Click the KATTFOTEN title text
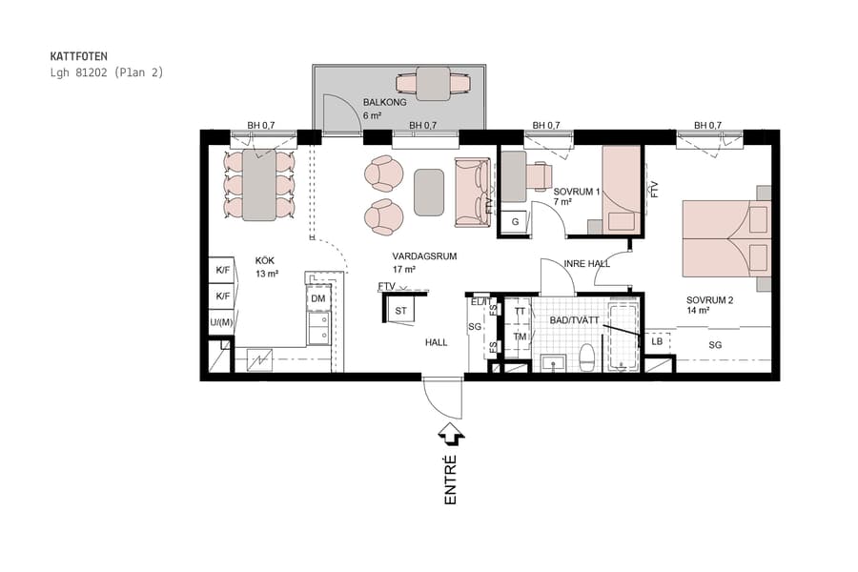pos(79,56)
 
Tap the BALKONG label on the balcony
pos(384,102)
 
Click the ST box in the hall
pos(400,311)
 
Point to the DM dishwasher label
pos(318,299)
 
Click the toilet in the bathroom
pos(587,358)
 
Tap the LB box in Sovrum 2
pos(657,341)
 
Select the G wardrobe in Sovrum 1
pos(516,222)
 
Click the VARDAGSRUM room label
pos(425,257)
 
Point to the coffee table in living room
pos(429,190)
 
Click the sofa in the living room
pos(472,193)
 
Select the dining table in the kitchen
pos(258,184)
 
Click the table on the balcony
pos(435,82)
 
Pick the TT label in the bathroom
pos(520,312)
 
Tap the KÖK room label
pos(265,260)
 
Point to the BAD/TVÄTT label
pos(574,320)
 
